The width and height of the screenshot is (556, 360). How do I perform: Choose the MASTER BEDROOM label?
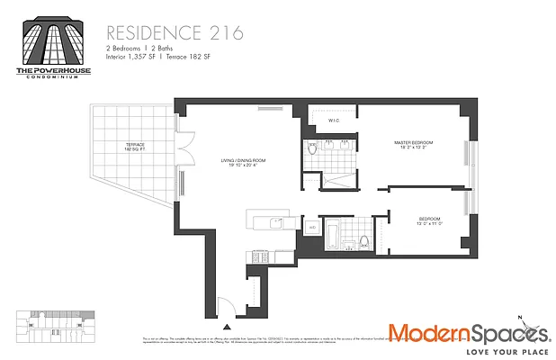pyautogui.click(x=413, y=143)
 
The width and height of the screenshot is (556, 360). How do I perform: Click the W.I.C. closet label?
pyautogui.click(x=332, y=121)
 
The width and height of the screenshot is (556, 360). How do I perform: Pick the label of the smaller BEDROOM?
pyautogui.click(x=429, y=220)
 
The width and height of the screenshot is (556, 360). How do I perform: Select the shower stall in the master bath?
pyautogui.click(x=337, y=178)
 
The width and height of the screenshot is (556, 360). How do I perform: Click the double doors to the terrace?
pyautogui.click(x=184, y=146)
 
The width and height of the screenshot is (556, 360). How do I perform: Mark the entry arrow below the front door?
pyautogui.click(x=227, y=328)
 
